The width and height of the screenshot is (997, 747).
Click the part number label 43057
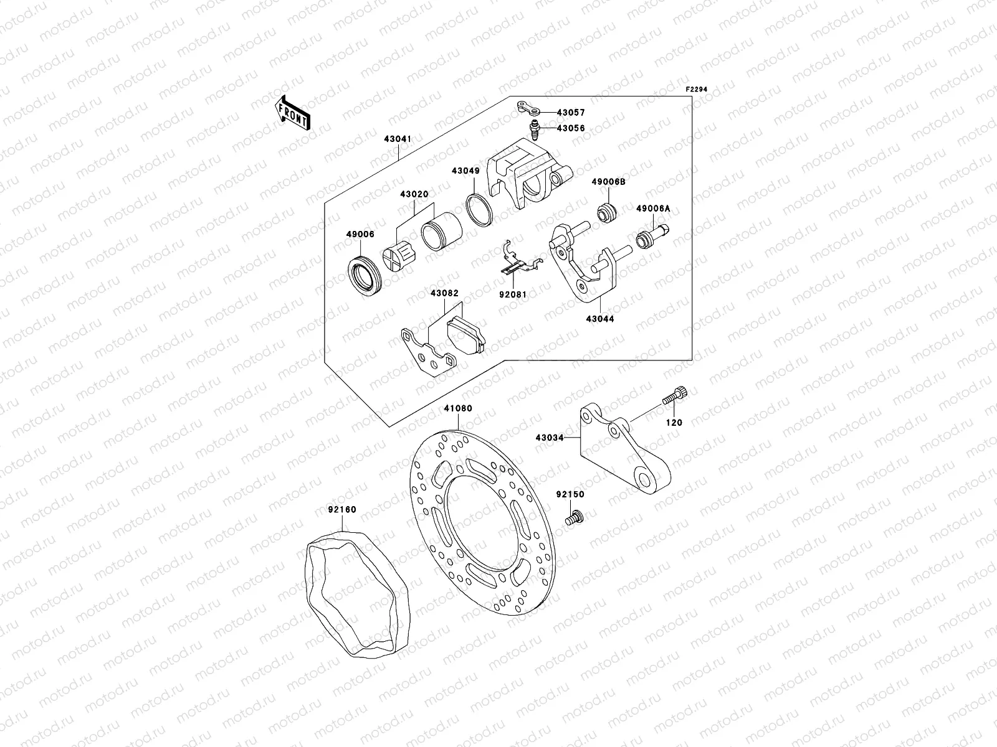pos(571,113)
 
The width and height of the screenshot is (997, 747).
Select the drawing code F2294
pos(697,90)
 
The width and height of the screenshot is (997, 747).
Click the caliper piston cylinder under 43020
pos(441,235)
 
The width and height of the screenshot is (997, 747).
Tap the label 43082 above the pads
pos(444,293)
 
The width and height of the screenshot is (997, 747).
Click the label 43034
pos(549,438)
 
